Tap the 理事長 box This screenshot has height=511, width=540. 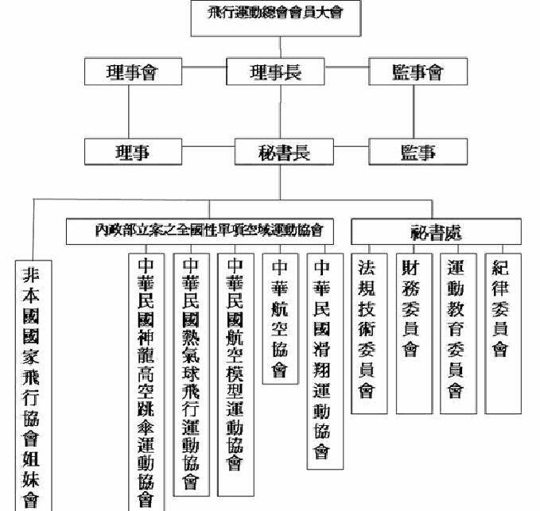click(275, 72)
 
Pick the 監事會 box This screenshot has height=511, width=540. click(417, 72)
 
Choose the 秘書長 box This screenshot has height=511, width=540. click(275, 150)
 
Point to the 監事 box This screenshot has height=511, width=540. click(417, 150)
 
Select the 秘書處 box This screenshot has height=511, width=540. click(436, 232)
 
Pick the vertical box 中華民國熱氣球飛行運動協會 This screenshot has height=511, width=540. click(191, 370)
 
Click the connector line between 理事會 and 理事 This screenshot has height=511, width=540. click(130, 111)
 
